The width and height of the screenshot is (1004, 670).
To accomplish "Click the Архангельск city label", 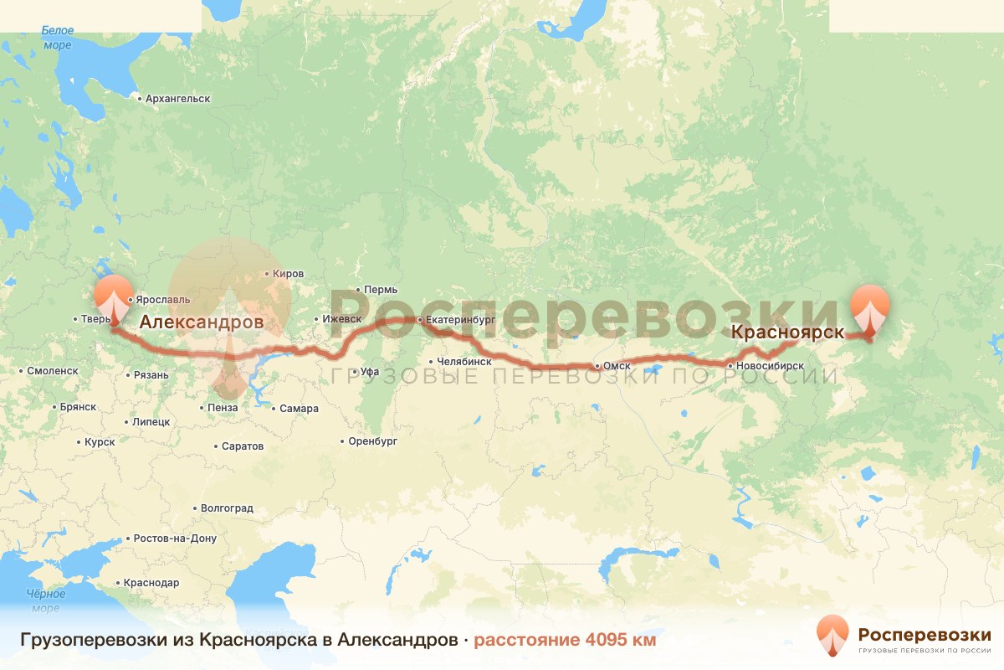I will click(x=177, y=99).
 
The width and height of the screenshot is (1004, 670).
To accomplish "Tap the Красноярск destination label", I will click(x=787, y=332).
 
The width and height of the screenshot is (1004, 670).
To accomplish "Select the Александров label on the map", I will click(x=201, y=322).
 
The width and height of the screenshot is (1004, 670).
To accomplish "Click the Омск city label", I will click(x=615, y=366).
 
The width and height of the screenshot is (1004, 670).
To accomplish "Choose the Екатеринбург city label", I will click(x=460, y=320).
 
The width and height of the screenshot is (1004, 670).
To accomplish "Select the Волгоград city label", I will click(x=227, y=508).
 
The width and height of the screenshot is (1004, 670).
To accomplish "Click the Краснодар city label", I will click(x=151, y=583).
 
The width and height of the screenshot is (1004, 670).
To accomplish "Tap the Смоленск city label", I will click(x=52, y=370).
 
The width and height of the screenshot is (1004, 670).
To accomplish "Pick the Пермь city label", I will click(x=381, y=290).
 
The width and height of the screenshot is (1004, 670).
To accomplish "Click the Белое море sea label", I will click(x=57, y=38).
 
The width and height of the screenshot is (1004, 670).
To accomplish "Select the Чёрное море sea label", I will click(x=45, y=600).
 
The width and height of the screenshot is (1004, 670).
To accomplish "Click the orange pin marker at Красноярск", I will click(x=869, y=310).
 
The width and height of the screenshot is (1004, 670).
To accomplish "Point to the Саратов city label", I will click(x=243, y=446).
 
